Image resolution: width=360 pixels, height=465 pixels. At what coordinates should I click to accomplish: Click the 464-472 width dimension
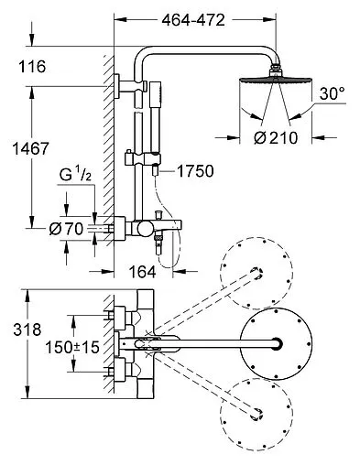coord(193,20)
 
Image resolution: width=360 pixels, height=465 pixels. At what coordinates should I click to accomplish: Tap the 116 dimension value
coord(32,67)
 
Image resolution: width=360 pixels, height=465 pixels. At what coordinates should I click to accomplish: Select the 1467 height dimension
coord(30,149)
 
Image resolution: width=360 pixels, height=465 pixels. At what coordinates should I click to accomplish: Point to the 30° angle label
coord(333,93)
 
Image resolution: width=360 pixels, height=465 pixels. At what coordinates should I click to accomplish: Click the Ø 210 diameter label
coord(276,138)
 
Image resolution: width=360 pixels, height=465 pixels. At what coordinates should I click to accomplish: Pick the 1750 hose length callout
coord(195,171)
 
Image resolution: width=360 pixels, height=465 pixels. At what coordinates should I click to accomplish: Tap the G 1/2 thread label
coord(75,175)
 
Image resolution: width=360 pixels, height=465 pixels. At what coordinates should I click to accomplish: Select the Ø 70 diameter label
coord(66,229)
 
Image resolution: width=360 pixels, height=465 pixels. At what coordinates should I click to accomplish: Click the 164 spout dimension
coord(142,271)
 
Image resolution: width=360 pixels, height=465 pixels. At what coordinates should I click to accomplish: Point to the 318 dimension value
coord(27,330)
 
